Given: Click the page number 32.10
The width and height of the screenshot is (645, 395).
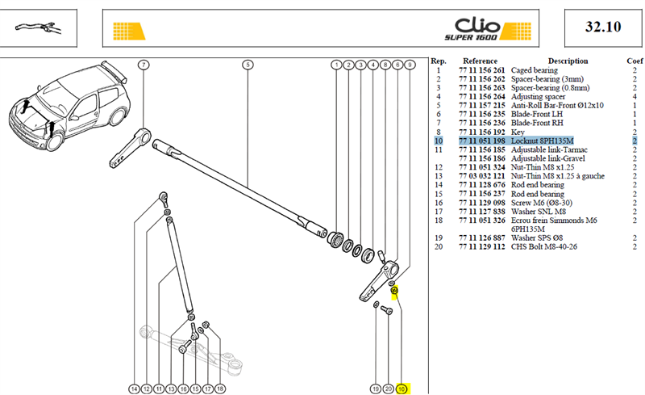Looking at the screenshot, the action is (603, 27).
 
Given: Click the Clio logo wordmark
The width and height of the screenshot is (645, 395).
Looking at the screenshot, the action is (477, 26).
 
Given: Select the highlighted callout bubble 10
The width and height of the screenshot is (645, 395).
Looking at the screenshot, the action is (402, 389).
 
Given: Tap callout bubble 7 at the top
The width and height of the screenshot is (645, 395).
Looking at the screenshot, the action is (144, 65).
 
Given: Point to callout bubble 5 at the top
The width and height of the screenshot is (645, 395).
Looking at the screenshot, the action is (248, 65).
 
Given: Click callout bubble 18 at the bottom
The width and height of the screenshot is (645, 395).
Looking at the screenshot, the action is (220, 389).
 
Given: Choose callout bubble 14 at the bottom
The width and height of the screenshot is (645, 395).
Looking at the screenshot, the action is (134, 389).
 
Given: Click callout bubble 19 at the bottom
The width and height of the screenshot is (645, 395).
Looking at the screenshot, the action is (375, 389).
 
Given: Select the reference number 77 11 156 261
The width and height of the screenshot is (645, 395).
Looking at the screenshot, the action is (481, 70).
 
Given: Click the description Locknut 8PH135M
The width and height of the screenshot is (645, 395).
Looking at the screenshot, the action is (542, 141).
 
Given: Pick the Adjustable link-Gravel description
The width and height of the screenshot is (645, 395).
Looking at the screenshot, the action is (548, 158).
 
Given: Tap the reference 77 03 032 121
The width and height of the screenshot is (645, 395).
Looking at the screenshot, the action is (481, 176).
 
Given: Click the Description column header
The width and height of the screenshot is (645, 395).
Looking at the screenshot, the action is (568, 61).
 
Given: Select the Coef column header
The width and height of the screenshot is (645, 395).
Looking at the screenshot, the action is (635, 61).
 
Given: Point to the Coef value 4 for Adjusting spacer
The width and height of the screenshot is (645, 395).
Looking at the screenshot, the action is (635, 97).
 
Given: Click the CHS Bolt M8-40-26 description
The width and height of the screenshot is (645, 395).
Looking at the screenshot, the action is (543, 246).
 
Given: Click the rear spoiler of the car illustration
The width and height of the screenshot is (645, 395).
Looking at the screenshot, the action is (114, 70).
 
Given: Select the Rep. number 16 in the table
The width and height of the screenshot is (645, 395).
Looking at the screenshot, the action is (439, 203).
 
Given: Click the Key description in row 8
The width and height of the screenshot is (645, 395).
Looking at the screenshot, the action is (518, 132).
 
